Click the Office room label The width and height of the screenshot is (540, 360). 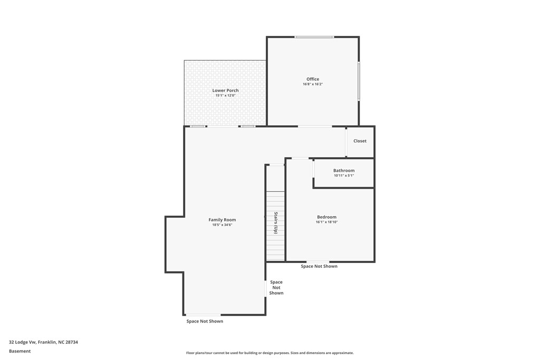[313, 79]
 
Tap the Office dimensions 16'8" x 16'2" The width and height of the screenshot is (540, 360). [313, 84]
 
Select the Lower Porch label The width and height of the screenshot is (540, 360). [225, 91]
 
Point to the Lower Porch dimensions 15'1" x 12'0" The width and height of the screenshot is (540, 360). [225, 96]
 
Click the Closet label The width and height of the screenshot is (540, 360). [360, 141]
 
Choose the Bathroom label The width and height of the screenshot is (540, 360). [344, 170]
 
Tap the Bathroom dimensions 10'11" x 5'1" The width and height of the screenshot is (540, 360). [344, 176]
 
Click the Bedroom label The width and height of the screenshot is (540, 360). [326, 217]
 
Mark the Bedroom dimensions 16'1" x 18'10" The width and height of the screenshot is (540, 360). [326, 222]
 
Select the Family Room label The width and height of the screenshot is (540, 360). [222, 220]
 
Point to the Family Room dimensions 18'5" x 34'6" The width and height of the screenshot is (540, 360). [222, 225]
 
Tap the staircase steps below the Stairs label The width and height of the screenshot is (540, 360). [275, 248]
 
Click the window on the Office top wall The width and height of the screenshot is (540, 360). [314, 37]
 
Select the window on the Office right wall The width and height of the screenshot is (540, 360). [359, 81]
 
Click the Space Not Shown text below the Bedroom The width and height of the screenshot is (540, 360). [319, 267]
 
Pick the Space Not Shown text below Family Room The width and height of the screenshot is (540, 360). [205, 322]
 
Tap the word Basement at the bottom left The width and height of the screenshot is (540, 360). [20, 351]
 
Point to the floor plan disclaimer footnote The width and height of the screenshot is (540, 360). [269, 353]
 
